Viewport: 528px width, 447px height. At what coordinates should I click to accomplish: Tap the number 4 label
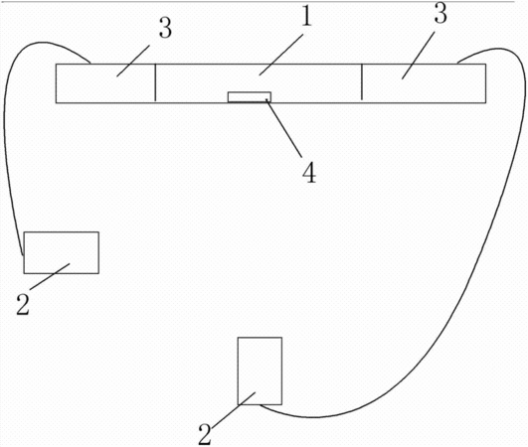(309, 172)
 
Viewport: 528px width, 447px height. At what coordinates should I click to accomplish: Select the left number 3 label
(165, 27)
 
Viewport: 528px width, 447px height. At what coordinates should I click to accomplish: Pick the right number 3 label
(440, 13)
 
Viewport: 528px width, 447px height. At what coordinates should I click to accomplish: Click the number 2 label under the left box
(23, 304)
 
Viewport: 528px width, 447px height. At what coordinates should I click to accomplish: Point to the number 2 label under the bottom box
(205, 434)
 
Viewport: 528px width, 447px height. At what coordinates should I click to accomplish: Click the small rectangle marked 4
(250, 97)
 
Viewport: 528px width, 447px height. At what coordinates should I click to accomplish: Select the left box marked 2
(62, 252)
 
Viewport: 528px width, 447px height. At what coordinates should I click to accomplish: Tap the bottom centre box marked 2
(260, 371)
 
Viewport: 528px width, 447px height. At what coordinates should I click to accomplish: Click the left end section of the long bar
(105, 83)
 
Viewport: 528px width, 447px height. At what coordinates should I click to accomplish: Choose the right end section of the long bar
(424, 83)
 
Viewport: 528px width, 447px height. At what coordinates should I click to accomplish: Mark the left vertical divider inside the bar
(155, 82)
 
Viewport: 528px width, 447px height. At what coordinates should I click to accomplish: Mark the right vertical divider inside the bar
(362, 81)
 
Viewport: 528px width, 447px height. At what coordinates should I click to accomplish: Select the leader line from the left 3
(133, 61)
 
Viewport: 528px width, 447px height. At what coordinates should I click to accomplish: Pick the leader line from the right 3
(418, 56)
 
